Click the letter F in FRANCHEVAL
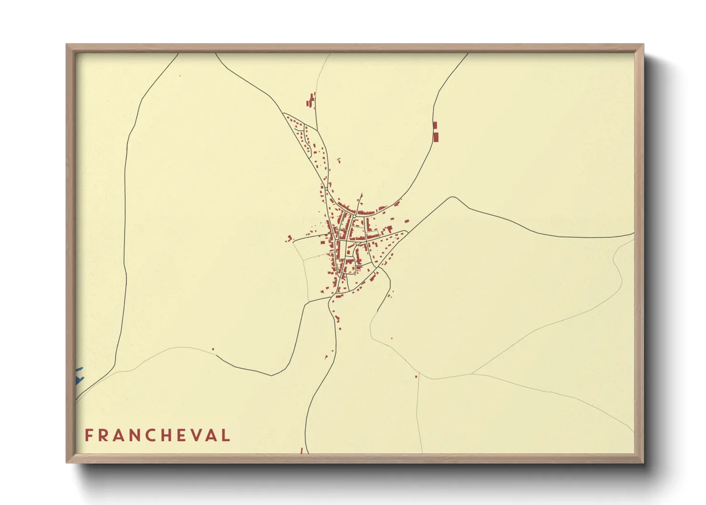[x=89, y=435]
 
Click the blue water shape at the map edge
[x=79, y=376]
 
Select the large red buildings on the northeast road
[x=435, y=132]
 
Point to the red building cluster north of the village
[x=311, y=101]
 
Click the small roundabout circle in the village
[x=355, y=216]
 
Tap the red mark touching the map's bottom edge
[x=301, y=451]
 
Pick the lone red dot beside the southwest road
[x=213, y=349]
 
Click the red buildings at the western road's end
[x=289, y=238]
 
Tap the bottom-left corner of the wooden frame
[x=67, y=462]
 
